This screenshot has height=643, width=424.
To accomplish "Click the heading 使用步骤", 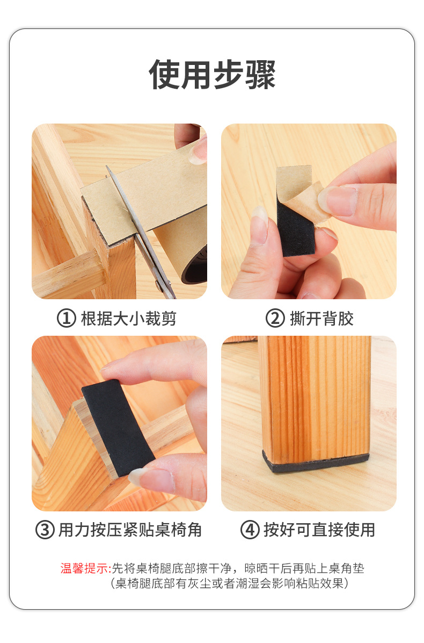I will click(212, 75).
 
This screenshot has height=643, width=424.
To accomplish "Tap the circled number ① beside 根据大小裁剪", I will click(66, 319).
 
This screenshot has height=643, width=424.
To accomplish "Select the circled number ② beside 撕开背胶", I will click(275, 319).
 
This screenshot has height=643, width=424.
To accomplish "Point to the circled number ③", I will click(45, 530).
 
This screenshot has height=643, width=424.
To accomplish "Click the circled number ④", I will click(250, 530).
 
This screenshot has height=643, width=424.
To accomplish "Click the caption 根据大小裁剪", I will click(128, 319).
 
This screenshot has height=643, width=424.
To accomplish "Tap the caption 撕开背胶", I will click(322, 319).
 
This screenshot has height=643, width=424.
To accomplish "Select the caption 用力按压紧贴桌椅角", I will click(130, 530).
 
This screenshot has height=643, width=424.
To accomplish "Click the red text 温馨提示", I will click(85, 568).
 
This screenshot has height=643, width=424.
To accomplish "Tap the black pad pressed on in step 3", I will click(118, 427).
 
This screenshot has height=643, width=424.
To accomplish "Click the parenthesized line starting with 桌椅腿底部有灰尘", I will click(229, 583).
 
